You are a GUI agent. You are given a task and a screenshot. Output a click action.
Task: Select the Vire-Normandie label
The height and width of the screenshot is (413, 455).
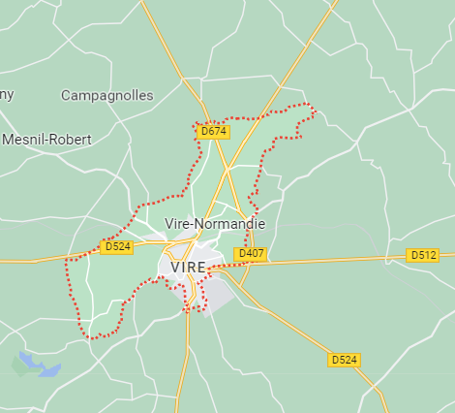pos(215,224)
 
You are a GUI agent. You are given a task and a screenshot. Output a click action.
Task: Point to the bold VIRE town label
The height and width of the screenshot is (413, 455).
pos(188,267)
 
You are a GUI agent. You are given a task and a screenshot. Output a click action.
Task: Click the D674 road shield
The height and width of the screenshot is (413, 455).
pos(213,131)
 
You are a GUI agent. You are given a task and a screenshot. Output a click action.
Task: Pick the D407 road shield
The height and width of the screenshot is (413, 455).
pos(251,254)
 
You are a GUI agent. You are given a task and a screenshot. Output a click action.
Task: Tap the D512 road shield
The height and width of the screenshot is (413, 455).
pos(423,255)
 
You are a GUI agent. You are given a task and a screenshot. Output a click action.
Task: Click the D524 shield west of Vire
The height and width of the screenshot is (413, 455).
pos(116,247)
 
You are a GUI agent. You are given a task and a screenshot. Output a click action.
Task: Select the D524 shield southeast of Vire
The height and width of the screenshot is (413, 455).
pos(344,360)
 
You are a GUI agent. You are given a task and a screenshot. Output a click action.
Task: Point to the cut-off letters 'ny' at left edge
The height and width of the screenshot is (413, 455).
pos(7,95)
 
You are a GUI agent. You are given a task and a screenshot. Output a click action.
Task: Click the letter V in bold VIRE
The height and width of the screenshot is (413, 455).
pos(175,267)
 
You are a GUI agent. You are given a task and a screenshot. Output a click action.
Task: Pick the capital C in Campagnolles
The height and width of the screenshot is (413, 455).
pos(66,96)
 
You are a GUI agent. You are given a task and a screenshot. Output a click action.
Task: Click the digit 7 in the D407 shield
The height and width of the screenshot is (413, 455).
pos(259,254)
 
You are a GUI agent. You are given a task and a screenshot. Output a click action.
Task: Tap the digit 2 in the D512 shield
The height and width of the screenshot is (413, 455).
pos(432,255)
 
